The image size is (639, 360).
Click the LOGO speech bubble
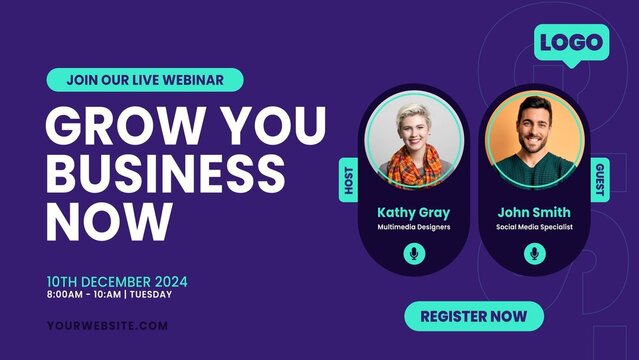571,43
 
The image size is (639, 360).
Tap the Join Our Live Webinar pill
144,79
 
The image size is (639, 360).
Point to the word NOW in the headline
109,217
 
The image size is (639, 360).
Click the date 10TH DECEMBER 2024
117,281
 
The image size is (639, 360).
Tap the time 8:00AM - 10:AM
83,295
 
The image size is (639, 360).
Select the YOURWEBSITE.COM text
107,325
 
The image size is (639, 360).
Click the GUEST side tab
599,180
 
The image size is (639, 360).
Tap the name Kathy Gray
413,212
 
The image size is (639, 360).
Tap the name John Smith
533,212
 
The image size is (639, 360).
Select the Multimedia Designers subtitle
413,227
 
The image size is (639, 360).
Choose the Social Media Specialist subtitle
533,227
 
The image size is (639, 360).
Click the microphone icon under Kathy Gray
413,254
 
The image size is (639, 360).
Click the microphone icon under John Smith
533,254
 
